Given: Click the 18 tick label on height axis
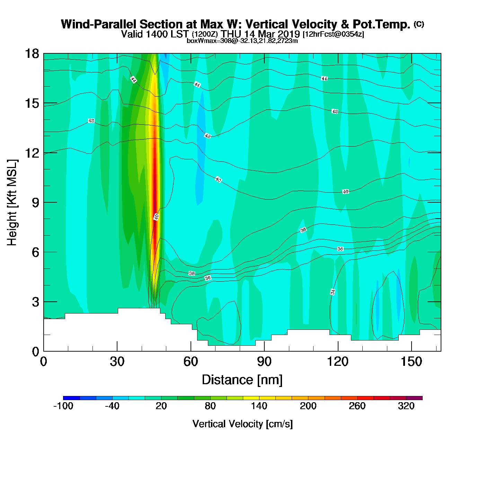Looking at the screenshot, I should pos(32,54).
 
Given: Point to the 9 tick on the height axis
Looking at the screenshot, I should pos(44,202).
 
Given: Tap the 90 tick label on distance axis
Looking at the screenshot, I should pos(264,362).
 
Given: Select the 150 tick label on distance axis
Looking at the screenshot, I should pos(411,362).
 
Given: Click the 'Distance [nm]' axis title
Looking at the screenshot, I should pos(242,380).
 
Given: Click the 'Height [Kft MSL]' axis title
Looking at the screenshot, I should pos(12,203).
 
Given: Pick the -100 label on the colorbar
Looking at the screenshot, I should pos(63,406).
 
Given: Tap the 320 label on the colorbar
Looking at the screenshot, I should pos(406,406).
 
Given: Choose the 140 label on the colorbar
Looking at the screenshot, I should pos(259,406).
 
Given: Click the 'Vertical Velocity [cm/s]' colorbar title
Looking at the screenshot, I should pos(242,424).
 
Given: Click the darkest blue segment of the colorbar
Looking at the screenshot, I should pos(71,398).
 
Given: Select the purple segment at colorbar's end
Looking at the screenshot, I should pos(414,398).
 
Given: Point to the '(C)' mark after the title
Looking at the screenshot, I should pos(419,24).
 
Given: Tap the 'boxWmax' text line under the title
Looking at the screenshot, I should pos(242,41).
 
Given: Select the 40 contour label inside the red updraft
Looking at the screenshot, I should pos(156,217).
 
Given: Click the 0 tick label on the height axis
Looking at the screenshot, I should pos(35,352).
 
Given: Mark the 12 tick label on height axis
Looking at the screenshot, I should pos(32,153).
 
